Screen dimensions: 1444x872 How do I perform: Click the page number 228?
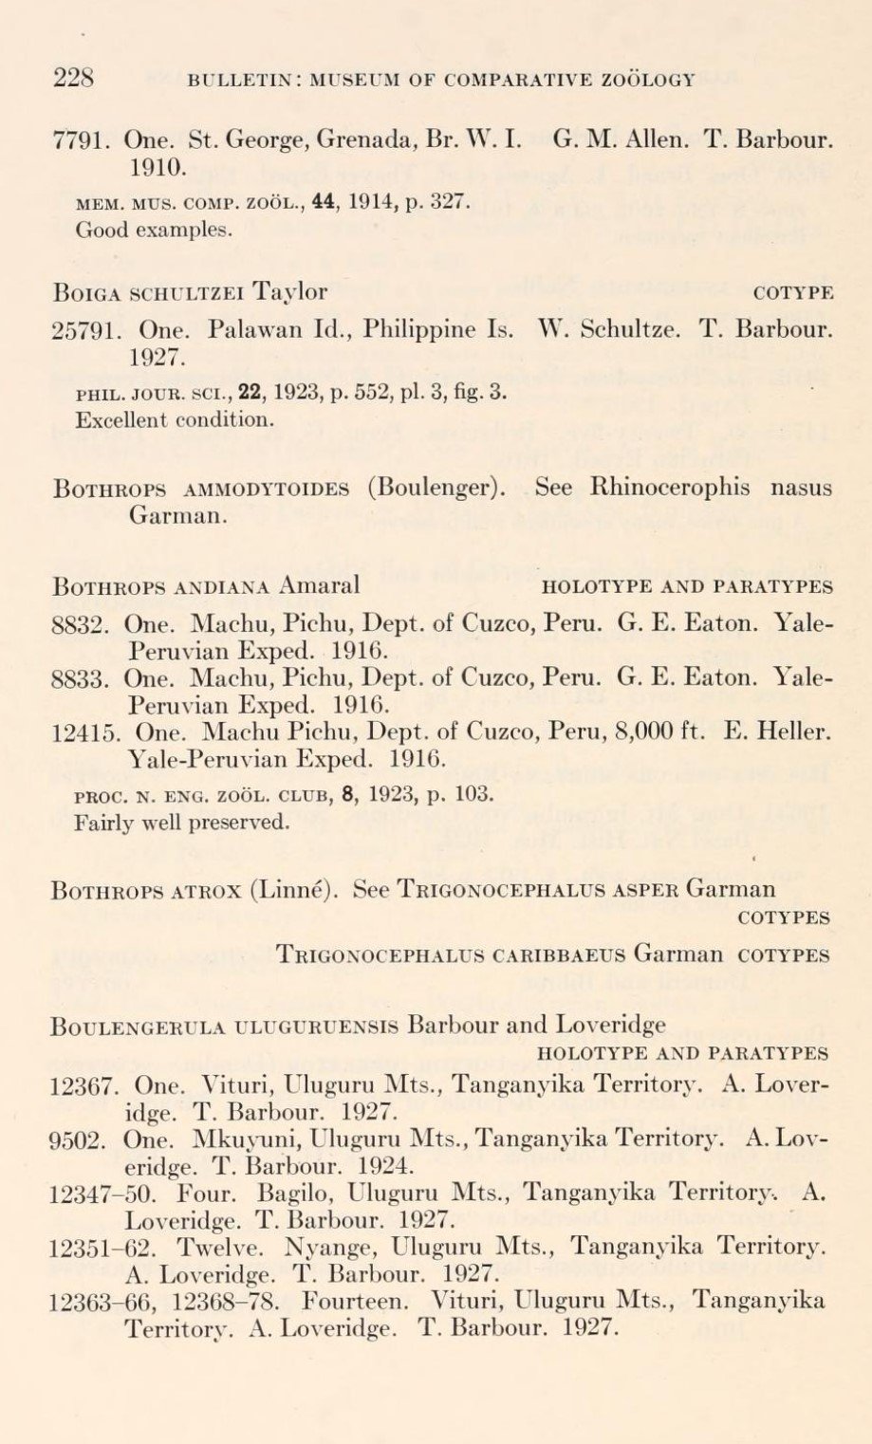pyautogui.click(x=71, y=78)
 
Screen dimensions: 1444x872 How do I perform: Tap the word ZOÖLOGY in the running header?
pyautogui.click(x=648, y=80)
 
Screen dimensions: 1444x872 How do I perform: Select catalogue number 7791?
pyautogui.click(x=80, y=141)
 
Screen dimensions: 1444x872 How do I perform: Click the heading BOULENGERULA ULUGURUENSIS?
pyautogui.click(x=224, y=1026)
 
